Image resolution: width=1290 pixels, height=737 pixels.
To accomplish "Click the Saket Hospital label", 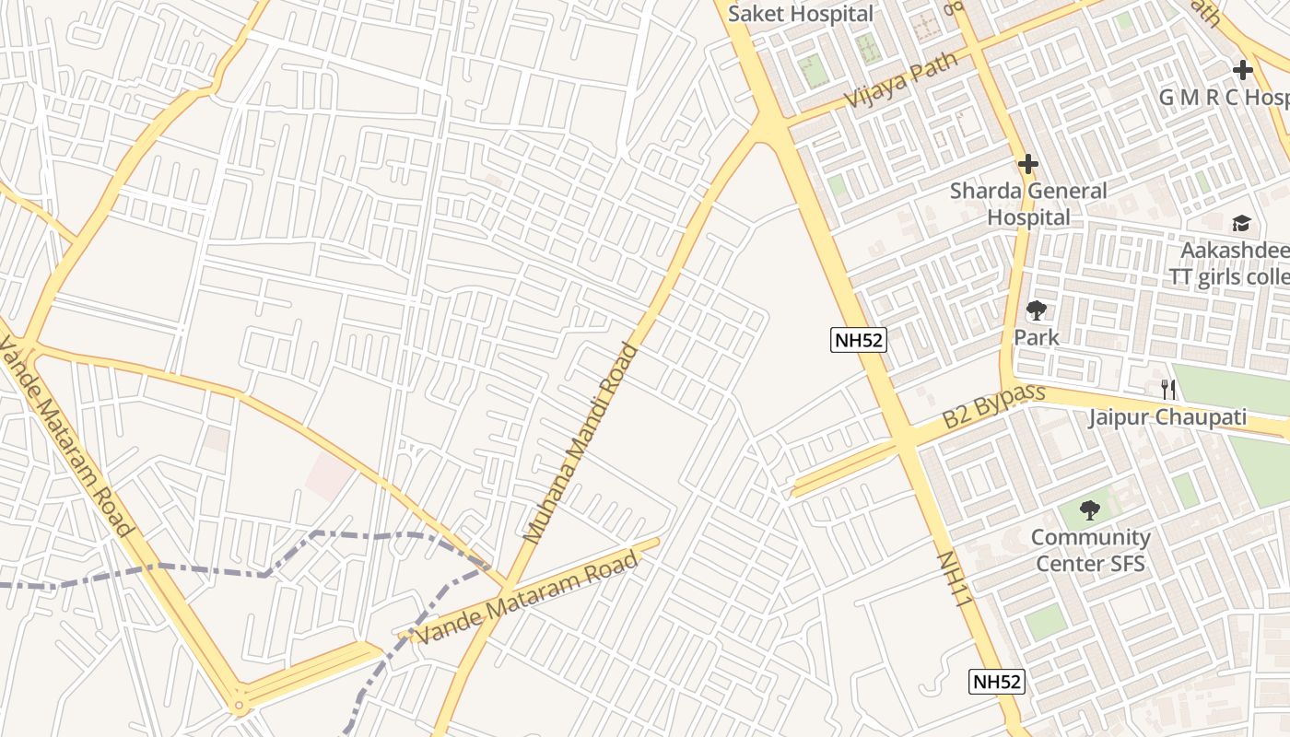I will tap(800, 14).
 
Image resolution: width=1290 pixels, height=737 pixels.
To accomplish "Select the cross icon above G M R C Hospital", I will tap(1243, 70).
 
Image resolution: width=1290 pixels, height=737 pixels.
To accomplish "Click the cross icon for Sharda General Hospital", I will tap(1028, 165).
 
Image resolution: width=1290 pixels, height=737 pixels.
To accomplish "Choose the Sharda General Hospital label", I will tap(1028, 205).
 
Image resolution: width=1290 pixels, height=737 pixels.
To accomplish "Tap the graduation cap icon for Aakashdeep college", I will tap(1241, 223).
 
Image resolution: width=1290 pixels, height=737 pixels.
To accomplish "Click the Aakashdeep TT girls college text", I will tap(1229, 264).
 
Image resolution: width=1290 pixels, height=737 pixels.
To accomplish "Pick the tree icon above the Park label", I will tap(1037, 310).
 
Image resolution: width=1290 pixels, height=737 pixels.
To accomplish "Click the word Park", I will tap(1037, 337).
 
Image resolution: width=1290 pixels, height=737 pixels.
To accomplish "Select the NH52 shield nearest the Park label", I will tap(858, 340).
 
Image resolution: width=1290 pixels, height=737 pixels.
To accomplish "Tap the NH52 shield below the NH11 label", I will tap(997, 682).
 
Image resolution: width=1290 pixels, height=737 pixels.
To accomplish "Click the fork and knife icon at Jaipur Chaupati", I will tap(1167, 390).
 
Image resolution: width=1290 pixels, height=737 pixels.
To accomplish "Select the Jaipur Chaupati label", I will tap(1167, 417).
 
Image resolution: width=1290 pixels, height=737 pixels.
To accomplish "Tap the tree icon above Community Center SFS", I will tap(1090, 509).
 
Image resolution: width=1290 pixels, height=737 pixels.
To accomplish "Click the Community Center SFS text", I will tap(1090, 550).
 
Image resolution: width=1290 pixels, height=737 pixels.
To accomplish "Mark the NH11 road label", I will tap(955, 579).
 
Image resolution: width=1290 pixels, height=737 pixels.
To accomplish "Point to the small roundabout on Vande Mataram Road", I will tap(240, 707).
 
